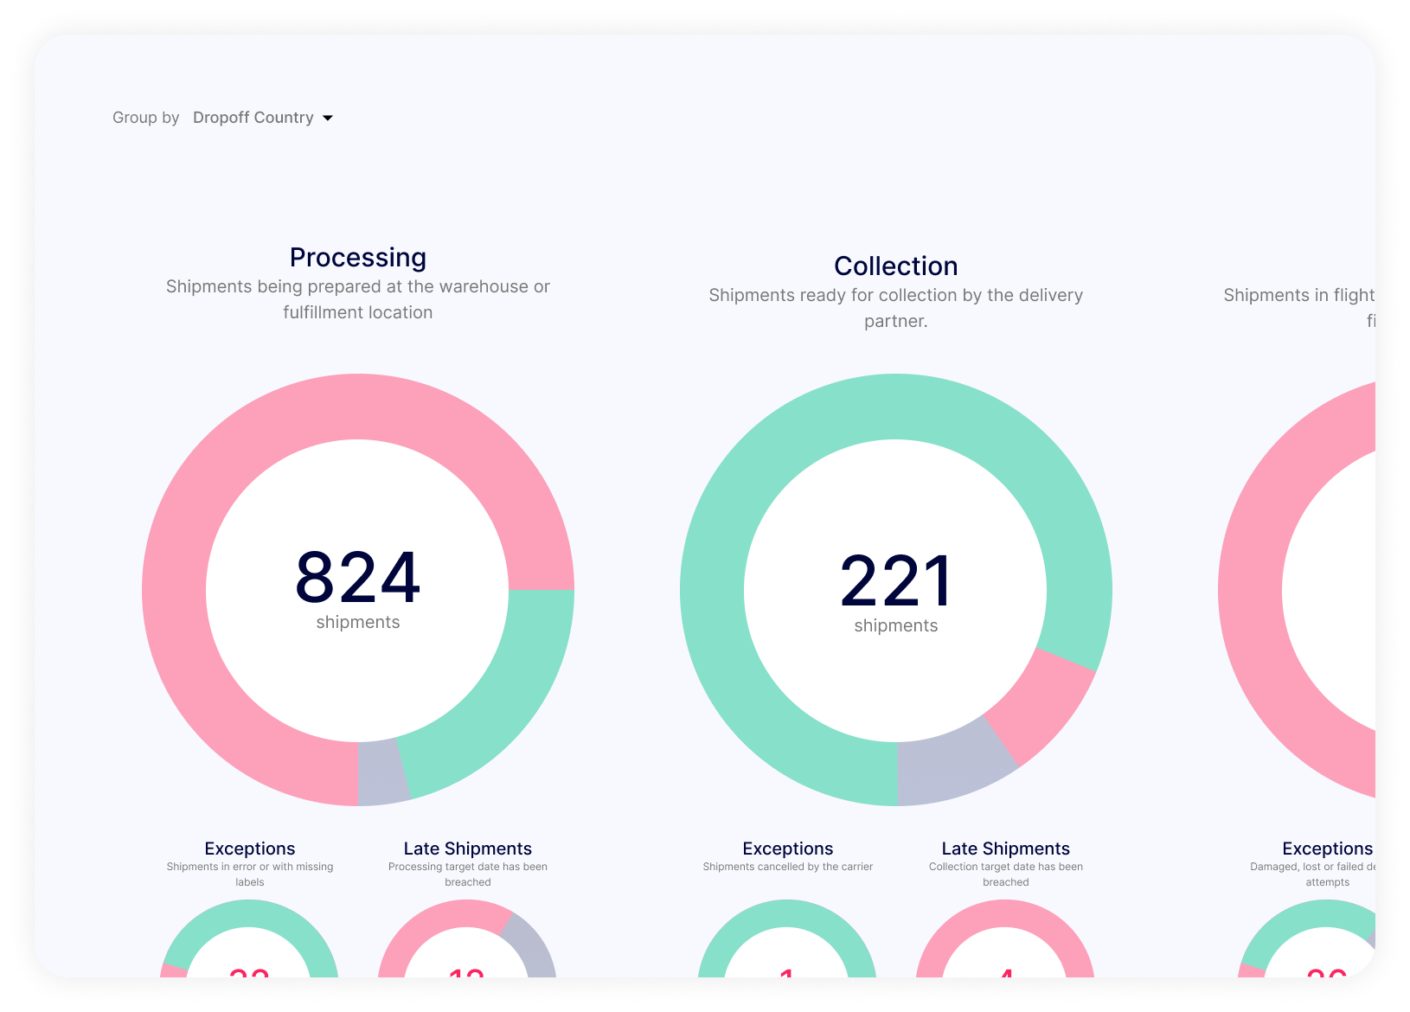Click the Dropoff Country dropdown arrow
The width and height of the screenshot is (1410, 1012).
(328, 118)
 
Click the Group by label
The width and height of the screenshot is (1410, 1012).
(145, 118)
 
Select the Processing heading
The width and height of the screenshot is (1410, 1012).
(357, 258)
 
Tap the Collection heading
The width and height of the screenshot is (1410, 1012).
(895, 266)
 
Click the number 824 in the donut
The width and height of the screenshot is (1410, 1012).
(357, 577)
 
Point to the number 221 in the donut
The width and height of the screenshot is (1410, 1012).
(895, 580)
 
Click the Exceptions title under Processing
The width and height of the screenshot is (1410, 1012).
(250, 849)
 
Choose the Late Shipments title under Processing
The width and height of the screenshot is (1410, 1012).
(467, 849)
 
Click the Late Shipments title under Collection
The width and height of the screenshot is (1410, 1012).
(1005, 849)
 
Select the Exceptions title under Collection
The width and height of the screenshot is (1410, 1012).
(787, 849)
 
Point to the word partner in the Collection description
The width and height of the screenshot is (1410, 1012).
(894, 321)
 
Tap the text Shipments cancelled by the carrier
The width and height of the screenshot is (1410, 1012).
(787, 867)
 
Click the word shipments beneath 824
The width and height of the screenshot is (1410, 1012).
(357, 622)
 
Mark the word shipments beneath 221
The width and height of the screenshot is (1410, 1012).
(895, 625)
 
